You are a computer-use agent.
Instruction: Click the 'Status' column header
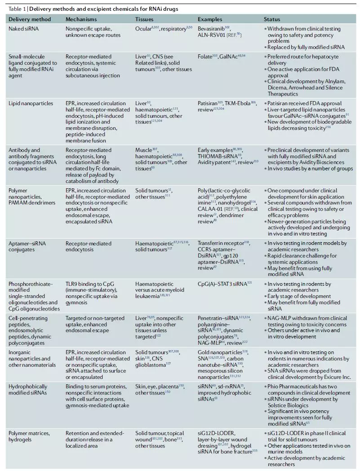pyautogui.click(x=272, y=19)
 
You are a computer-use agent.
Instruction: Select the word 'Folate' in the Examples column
pyautogui.click(x=204, y=57)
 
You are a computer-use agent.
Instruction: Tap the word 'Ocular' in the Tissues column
pyautogui.click(x=143, y=29)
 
